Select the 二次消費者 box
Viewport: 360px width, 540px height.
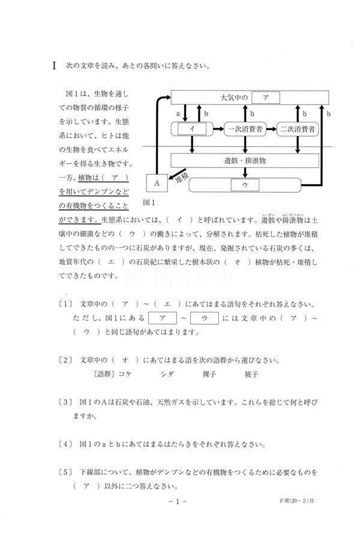[x=298, y=128]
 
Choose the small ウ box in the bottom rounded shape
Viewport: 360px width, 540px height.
[x=245, y=185]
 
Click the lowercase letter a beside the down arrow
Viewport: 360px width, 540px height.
[x=178, y=113]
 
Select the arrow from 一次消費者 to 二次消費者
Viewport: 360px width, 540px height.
[x=273, y=128]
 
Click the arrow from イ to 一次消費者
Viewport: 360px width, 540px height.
[x=218, y=128]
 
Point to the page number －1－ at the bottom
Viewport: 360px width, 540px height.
[x=179, y=515]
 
